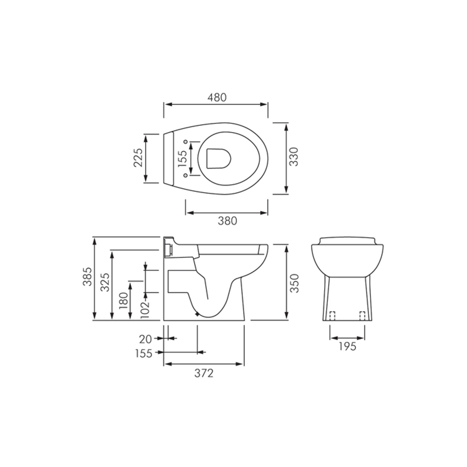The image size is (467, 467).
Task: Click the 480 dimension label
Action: pos(217,97)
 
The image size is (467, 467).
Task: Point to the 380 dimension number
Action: pos(227,221)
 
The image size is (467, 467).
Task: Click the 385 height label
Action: pos(87,276)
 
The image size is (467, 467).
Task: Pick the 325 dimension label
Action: pos(105,282)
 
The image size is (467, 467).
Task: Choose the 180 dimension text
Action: pos(123,301)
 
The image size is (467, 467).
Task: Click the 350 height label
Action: pos(294,283)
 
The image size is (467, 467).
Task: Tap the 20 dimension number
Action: pos(145,339)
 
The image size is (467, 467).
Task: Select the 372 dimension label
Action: pos(204,373)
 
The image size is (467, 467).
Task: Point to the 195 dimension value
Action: pos(347,346)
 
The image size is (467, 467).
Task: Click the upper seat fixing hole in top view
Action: pos(186,142)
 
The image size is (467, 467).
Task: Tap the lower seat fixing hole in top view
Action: pos(186,175)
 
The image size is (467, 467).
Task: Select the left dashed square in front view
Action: pos(332,315)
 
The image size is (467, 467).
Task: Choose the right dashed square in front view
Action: pos(362,315)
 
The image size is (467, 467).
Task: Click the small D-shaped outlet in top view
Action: pos(218,159)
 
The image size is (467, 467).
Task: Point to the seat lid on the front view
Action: pos(347,240)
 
